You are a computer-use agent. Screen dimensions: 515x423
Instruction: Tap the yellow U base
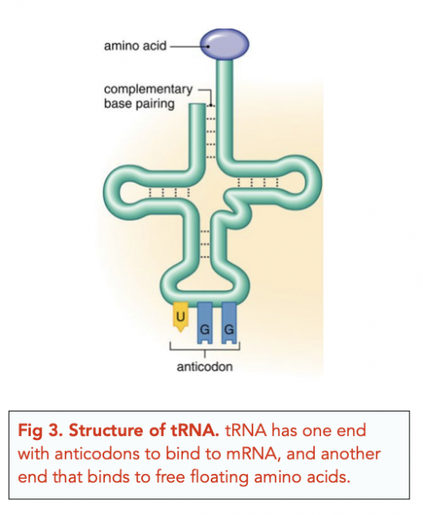tap(180, 314)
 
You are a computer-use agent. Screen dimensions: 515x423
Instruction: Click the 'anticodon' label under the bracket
tap(204, 367)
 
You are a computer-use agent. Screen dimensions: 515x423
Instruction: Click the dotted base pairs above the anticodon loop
tap(204, 244)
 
